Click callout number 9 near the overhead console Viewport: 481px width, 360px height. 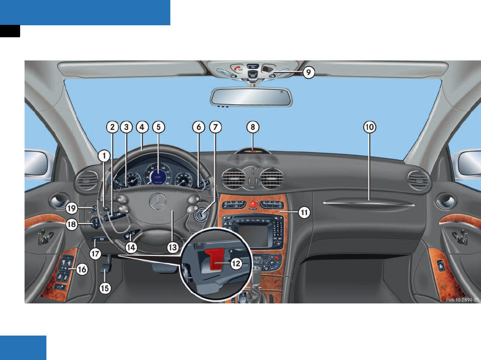click(x=308, y=73)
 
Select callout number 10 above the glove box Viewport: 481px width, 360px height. click(x=369, y=127)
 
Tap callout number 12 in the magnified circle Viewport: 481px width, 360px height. click(x=236, y=264)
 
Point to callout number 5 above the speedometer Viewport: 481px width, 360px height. click(x=158, y=127)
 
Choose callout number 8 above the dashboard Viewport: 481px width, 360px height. click(x=253, y=127)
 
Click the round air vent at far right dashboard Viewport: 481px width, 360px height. click(x=418, y=180)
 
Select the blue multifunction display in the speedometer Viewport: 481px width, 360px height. click(x=159, y=176)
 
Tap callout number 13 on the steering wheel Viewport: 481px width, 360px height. click(x=172, y=248)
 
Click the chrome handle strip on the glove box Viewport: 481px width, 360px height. click(x=368, y=204)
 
